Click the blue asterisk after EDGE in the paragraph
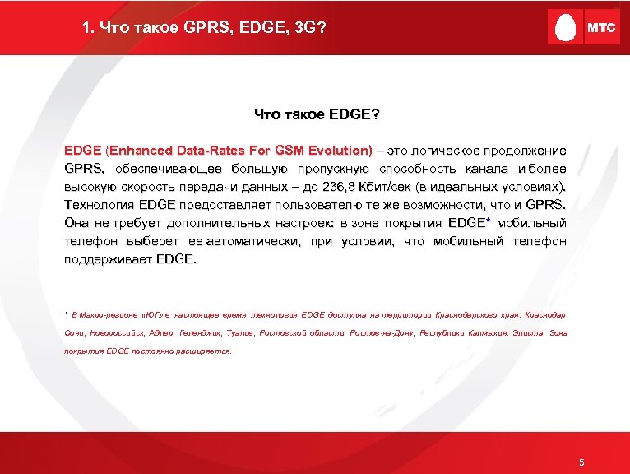pyautogui.click(x=489, y=221)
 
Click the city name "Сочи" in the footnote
pyautogui.click(x=75, y=332)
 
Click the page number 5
pyautogui.click(x=581, y=462)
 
